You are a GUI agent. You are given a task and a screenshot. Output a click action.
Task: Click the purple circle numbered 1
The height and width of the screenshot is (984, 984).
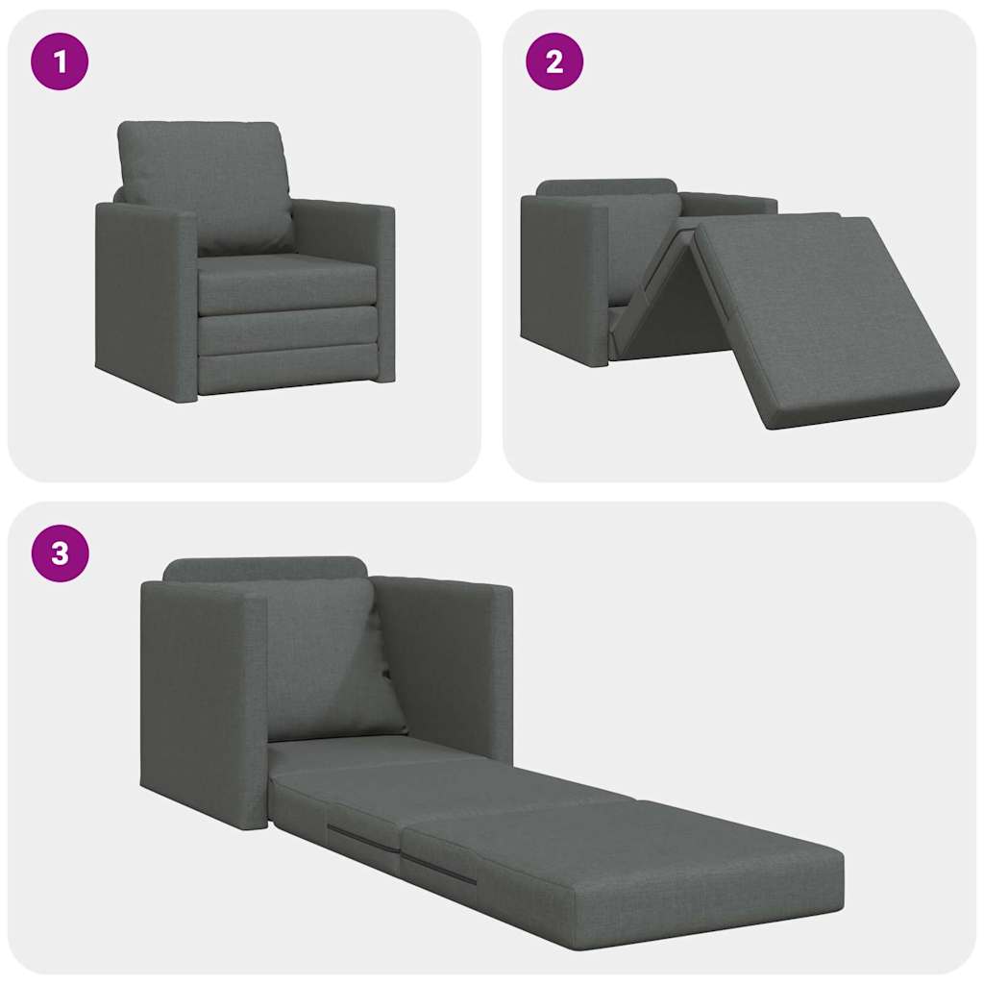click(60, 61)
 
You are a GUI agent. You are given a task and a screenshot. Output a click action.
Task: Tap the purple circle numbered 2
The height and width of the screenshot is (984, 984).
click(554, 61)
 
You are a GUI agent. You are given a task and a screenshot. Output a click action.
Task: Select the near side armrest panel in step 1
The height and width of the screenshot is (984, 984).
click(144, 298)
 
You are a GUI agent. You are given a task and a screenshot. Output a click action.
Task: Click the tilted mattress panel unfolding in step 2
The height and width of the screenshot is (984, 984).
click(817, 307)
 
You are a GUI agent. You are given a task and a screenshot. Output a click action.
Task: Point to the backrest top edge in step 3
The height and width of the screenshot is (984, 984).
click(264, 567)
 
